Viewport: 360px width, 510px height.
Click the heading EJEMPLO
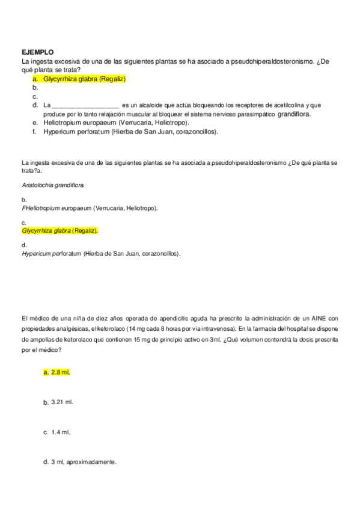point(37,52)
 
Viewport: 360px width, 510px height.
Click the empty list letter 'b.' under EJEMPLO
point(35,87)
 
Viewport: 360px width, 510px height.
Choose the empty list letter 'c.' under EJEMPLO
point(35,96)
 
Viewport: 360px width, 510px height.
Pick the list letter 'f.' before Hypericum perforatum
point(35,131)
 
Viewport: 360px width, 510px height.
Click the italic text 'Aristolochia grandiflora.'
point(53,185)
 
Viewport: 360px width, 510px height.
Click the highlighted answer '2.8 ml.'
point(61,372)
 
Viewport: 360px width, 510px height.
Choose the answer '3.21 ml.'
point(63,402)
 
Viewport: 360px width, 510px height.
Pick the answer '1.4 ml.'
point(61,432)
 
